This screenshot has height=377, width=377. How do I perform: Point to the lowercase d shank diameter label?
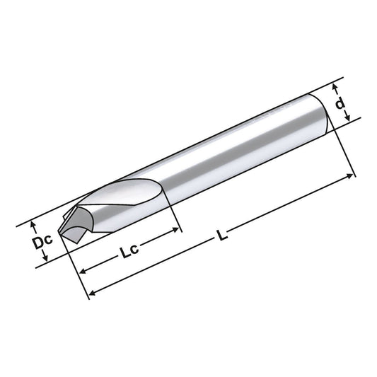[x=340, y=104]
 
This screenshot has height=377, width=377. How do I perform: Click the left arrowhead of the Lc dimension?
[x=82, y=271]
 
